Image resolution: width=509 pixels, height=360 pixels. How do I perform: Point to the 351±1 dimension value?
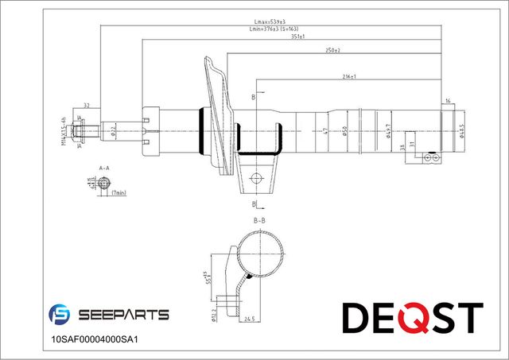(299, 37)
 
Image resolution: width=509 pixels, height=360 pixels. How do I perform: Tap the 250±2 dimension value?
(332, 50)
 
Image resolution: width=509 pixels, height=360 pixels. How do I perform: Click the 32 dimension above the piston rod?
(86, 104)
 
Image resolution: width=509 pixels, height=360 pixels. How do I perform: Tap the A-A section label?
(103, 168)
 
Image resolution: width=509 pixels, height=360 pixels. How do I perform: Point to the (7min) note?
(120, 193)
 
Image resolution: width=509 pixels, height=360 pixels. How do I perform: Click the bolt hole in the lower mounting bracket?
(256, 178)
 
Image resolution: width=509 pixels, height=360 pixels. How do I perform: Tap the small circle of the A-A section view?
(99, 183)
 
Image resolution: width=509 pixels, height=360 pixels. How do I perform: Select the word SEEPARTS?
(123, 315)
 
